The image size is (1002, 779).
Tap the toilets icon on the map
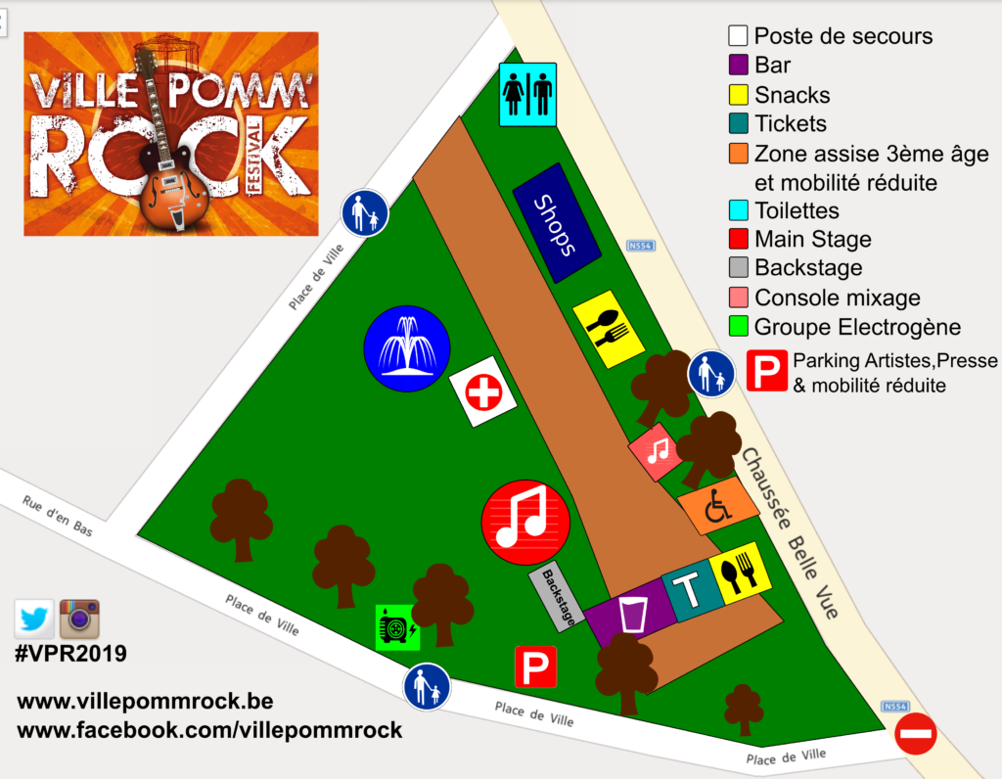point(527,95)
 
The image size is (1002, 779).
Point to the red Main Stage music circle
point(526,523)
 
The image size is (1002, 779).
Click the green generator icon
point(398,627)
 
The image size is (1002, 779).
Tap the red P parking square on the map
point(535,666)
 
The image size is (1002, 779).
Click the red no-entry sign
point(915,733)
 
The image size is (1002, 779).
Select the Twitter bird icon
point(34,619)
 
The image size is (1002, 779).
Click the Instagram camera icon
point(80,619)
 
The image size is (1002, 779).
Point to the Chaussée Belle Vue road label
point(791,534)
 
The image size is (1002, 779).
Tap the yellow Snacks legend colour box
point(738,95)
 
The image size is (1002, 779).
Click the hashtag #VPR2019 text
point(70,654)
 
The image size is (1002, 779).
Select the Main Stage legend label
point(812,239)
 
